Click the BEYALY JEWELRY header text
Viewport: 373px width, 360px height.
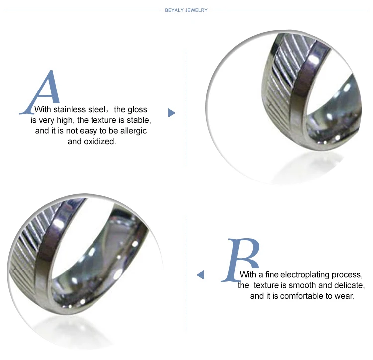[186, 10]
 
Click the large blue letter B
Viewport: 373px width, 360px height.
[240, 260]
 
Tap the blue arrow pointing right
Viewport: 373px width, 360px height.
[171, 113]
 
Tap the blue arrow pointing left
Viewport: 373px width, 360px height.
[200, 275]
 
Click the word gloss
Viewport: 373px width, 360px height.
[137, 110]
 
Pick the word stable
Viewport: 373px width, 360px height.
[139, 120]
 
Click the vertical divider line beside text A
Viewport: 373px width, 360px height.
[186, 108]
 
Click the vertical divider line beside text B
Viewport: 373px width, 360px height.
[186, 272]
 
